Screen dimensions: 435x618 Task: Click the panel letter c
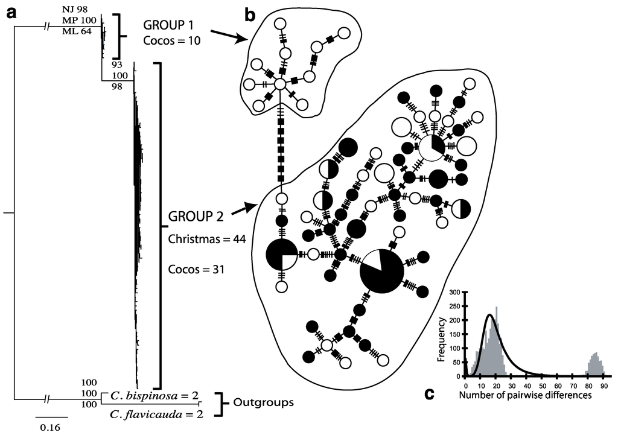429,394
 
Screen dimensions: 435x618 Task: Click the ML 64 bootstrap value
77,32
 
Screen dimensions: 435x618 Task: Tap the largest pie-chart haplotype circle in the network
383,270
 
